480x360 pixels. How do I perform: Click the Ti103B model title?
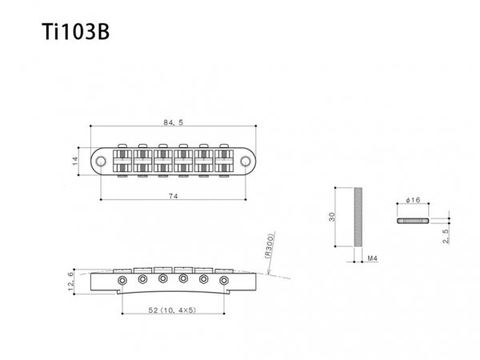(76, 31)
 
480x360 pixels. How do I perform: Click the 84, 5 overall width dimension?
(173, 122)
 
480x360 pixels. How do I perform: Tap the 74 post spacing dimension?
(174, 196)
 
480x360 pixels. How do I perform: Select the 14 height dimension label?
(75, 161)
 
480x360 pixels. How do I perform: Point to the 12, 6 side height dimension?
(70, 282)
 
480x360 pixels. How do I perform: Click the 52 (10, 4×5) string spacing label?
(172, 310)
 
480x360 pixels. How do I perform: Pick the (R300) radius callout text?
(270, 246)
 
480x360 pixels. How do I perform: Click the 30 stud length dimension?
(332, 217)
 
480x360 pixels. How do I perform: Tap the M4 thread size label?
(372, 258)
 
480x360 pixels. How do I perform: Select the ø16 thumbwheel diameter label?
(413, 200)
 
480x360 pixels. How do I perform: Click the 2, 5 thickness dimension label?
(446, 236)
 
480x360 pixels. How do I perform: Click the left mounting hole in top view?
(101, 161)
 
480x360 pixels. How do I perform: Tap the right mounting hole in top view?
(246, 161)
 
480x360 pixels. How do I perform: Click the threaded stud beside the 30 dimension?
(358, 217)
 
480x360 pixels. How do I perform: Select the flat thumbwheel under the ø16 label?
(413, 221)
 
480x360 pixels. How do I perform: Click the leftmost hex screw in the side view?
(122, 280)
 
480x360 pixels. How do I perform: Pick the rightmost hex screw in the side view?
(224, 280)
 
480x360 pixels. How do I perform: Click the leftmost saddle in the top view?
(122, 161)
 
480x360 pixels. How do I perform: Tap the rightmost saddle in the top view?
(224, 161)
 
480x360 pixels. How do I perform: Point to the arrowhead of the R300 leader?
(268, 273)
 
